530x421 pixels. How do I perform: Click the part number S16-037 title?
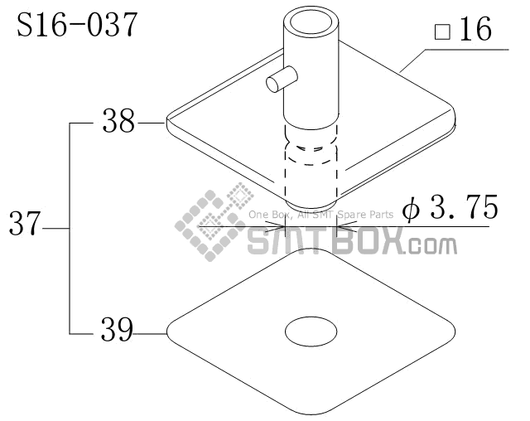[77, 25]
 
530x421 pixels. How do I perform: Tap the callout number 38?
[118, 122]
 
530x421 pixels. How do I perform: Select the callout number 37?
[24, 225]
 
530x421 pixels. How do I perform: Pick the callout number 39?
[118, 331]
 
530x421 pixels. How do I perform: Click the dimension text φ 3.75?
[449, 207]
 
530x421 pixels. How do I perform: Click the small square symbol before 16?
[442, 33]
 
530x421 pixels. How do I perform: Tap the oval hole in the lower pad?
[311, 332]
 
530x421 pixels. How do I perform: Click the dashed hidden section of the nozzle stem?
[311, 157]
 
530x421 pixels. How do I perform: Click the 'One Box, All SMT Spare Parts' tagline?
[320, 215]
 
